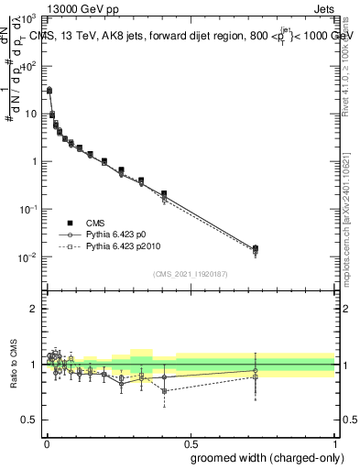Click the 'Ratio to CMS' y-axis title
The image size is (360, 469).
coord(15,365)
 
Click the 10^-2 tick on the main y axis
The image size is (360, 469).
coord(29,256)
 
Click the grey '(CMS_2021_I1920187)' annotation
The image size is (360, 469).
coord(190,274)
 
